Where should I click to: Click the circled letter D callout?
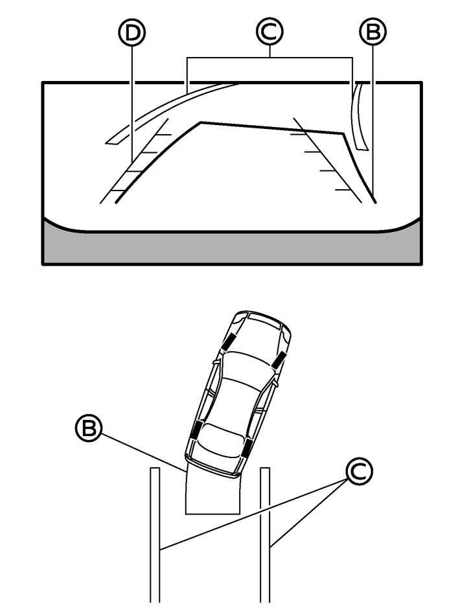tap(131, 33)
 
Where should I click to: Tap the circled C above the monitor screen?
tap(269, 32)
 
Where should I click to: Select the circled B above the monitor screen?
tap(372, 32)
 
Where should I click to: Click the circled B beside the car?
tap(88, 428)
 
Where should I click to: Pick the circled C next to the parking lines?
tap(359, 472)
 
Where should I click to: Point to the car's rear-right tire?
tap(247, 448)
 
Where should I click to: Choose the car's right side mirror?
tap(277, 384)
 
